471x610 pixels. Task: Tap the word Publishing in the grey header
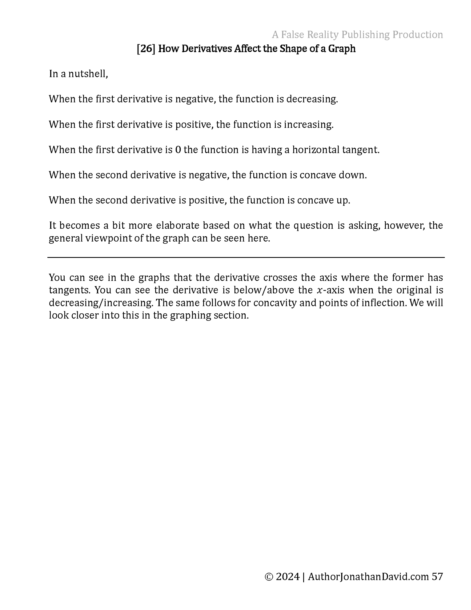click(365, 35)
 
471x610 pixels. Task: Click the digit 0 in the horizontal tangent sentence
click(178, 150)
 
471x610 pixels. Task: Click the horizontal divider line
click(246, 257)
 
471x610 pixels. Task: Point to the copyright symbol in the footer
click(269, 577)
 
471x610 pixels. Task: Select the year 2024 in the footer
click(288, 577)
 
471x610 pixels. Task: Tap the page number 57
click(437, 577)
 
